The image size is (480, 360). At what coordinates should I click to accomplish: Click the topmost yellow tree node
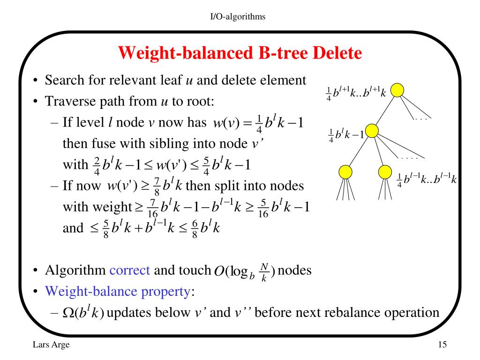coord(397,90)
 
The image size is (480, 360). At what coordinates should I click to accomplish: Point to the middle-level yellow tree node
coord(372,131)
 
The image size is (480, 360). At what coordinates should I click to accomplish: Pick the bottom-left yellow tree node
coord(345,172)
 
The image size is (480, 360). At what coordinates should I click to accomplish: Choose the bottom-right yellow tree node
coord(385,172)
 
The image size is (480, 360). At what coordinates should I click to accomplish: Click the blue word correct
coord(129,270)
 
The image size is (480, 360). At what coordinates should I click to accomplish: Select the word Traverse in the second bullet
coord(66,101)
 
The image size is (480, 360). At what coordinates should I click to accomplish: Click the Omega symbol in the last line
coord(68,313)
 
